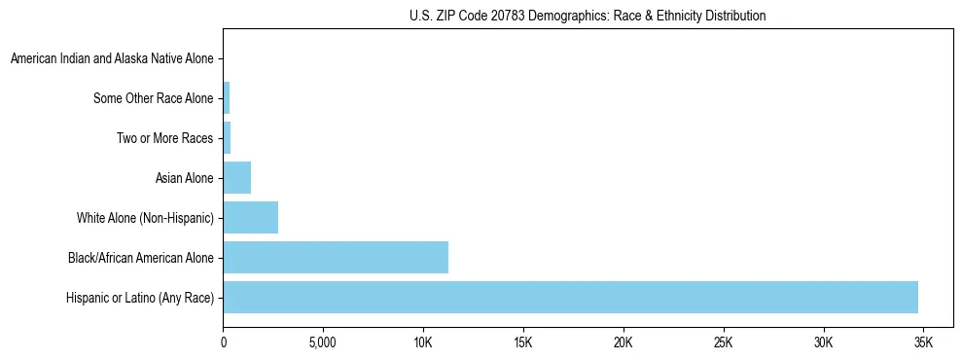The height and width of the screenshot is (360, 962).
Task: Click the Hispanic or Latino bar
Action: click(x=570, y=297)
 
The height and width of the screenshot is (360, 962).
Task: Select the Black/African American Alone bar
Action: click(x=336, y=257)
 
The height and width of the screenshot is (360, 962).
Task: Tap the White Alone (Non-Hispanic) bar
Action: click(x=251, y=218)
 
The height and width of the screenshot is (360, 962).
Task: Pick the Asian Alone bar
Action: click(x=237, y=178)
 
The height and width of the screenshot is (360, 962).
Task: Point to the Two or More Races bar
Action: click(x=227, y=138)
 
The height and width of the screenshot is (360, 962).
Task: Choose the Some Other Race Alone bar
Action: click(x=227, y=98)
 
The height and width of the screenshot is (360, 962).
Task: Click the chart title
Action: click(x=588, y=16)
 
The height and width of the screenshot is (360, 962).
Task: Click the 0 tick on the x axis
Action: click(x=224, y=343)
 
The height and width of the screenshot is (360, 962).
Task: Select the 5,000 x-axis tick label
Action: click(x=323, y=343)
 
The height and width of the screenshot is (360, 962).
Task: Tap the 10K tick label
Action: click(x=423, y=343)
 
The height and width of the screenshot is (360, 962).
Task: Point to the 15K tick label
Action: click(x=523, y=343)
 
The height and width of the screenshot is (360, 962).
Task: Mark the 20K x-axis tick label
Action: click(x=624, y=343)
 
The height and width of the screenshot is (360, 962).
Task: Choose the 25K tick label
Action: click(x=724, y=343)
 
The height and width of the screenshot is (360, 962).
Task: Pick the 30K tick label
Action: click(x=824, y=343)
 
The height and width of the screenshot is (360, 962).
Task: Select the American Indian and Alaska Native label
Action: click(x=112, y=59)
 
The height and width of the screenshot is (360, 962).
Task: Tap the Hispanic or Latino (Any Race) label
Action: click(x=140, y=298)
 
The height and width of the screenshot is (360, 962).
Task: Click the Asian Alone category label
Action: click(x=184, y=178)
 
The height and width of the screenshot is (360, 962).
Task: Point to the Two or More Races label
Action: click(x=164, y=138)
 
